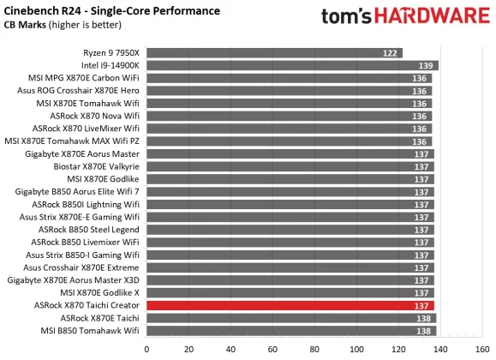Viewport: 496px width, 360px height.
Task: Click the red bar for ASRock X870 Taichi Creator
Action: tap(290, 306)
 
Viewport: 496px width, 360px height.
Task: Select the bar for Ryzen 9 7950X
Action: tap(274, 53)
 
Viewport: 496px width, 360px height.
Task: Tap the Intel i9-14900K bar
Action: tap(292, 66)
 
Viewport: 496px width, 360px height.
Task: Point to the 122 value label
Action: tap(391, 53)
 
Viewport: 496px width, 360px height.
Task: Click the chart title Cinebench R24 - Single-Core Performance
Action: tap(112, 11)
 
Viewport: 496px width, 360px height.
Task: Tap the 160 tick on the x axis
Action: tap(481, 349)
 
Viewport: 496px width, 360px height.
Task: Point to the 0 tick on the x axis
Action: tap(147, 349)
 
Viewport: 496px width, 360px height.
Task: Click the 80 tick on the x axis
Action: tap(314, 349)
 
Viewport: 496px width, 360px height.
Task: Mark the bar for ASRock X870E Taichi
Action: tap(291, 318)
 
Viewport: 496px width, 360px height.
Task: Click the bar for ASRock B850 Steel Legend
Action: tap(290, 230)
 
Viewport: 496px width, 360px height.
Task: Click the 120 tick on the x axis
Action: tap(397, 349)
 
